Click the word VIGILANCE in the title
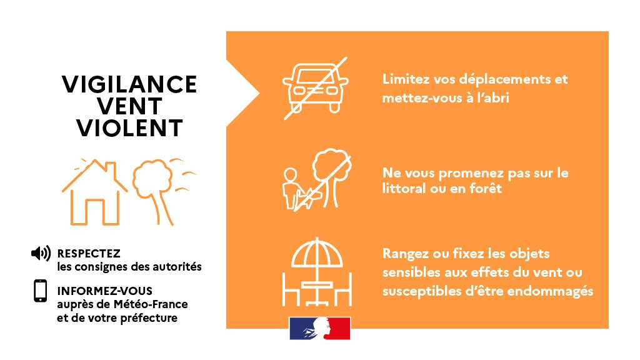coord(129,84)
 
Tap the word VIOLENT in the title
coord(129,127)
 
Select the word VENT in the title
coord(129,106)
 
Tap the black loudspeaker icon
coord(41,254)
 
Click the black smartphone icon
coord(41,291)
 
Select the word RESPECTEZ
coord(88,254)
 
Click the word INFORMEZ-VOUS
coord(104,291)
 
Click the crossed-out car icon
coord(316,87)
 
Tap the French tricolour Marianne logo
coord(319,329)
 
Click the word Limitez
coord(404,80)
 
